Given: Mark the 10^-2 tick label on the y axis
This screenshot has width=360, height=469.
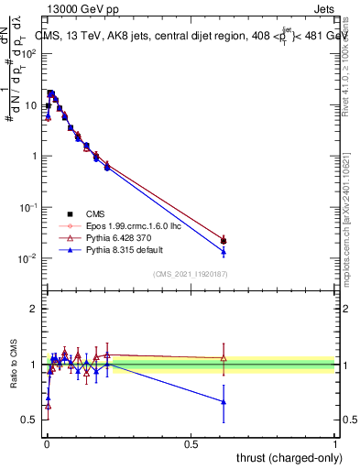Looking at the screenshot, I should tap(27, 259).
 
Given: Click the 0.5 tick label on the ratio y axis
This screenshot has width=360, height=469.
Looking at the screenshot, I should tap(29, 420).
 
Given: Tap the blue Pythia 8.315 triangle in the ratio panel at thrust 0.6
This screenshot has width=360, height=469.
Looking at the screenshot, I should tap(224, 401).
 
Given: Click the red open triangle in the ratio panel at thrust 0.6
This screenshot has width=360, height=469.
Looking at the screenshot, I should tap(224, 358).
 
